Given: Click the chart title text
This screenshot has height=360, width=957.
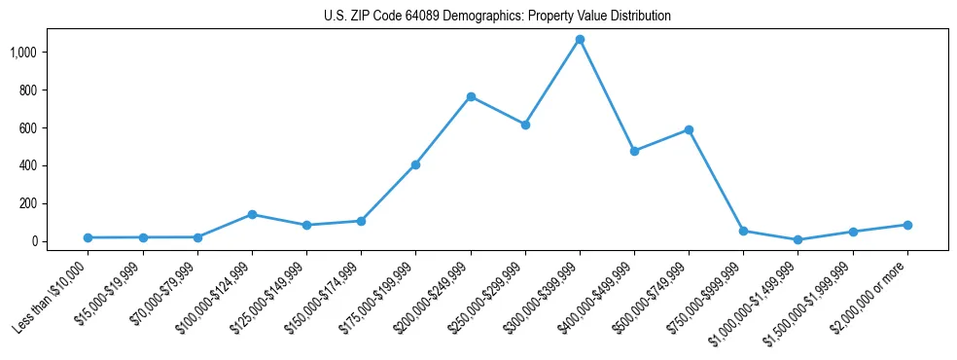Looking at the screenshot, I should coord(497,17).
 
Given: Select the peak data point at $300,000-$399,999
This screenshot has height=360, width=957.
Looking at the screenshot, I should coord(580,40).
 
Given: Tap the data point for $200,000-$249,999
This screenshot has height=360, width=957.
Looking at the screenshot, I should coord(471,96).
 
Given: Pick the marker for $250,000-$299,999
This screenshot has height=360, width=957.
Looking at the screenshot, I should coord(525,125).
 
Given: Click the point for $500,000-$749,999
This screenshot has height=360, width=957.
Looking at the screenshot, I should coord(689,129).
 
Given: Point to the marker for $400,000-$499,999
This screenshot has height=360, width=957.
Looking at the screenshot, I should coord(634,151).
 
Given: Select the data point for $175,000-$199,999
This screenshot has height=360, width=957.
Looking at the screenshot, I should coord(416,164).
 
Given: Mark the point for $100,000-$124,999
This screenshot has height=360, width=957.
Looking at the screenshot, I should coord(252,214).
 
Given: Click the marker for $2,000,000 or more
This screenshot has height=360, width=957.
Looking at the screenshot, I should coord(907,225).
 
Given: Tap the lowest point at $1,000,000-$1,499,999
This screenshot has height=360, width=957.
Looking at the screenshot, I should coord(797,239).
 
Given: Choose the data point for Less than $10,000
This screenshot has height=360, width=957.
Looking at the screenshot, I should coord(89,237).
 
